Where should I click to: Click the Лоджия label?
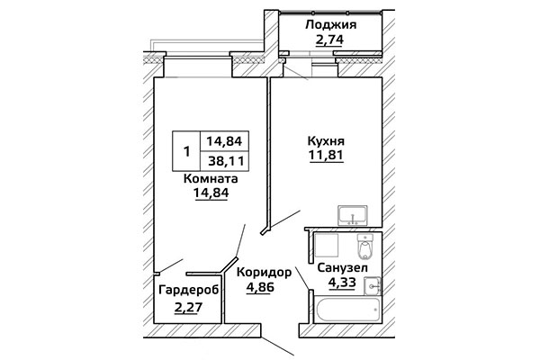[x=330, y=26]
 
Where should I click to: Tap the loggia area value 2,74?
[x=329, y=40]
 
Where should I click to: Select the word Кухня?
[x=326, y=141]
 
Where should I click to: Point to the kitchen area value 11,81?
[x=326, y=156]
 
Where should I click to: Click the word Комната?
[x=211, y=179]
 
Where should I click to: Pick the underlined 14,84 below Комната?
[x=211, y=193]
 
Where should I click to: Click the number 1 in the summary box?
[x=186, y=151]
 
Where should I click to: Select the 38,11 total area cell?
[x=226, y=161]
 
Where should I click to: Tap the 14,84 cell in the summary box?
[x=224, y=141]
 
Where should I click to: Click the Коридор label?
[x=264, y=273]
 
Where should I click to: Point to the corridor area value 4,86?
[x=260, y=286]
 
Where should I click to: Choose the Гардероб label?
[x=189, y=291]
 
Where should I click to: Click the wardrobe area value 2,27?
[x=188, y=306]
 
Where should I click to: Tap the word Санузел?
[x=342, y=267]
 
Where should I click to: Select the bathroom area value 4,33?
[x=342, y=283]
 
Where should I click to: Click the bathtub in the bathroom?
[x=347, y=310]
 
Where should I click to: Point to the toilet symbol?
[x=364, y=247]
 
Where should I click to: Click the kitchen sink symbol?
[x=353, y=215]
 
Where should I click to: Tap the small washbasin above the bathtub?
[x=373, y=286]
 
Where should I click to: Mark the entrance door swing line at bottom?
[x=277, y=346]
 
